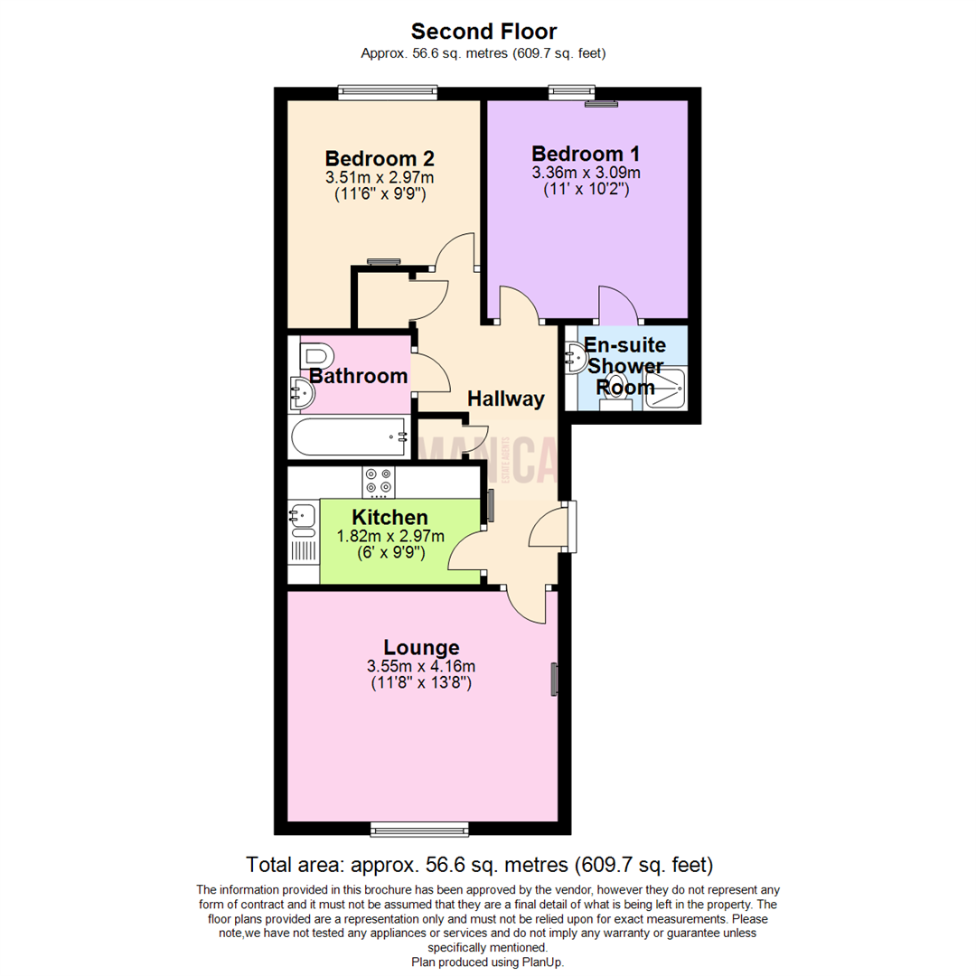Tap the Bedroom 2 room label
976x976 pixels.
point(380,158)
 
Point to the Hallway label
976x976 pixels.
point(506,399)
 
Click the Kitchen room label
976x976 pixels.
point(389,518)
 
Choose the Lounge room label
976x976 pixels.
point(421,647)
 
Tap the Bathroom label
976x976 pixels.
point(359,376)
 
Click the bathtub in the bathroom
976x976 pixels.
point(349,437)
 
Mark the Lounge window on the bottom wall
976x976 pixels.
point(419,828)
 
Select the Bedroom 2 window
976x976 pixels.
point(389,91)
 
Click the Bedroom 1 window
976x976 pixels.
point(573,91)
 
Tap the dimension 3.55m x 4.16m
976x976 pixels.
point(421,667)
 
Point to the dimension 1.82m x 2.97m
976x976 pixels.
point(390,536)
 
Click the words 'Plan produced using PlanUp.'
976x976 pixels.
point(487,962)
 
